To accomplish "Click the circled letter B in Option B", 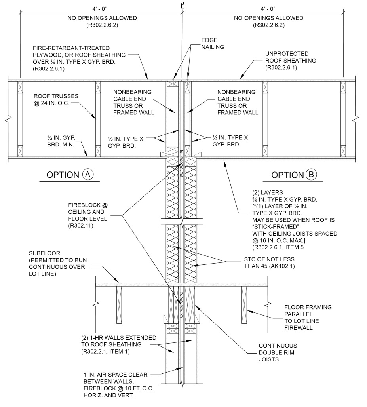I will point(311,175).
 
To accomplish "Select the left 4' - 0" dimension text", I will point(101,8).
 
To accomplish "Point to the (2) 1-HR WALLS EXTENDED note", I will point(117,344).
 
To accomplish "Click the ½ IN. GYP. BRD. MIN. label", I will point(62,142).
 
